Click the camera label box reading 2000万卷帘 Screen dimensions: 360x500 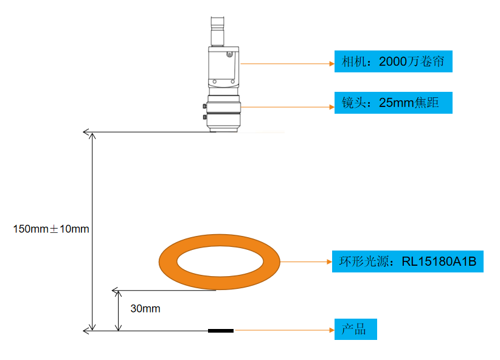(393, 61)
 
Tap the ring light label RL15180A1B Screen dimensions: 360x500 (407, 262)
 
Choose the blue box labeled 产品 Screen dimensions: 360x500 (355, 330)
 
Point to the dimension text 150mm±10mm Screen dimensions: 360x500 (51, 229)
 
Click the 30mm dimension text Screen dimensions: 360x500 (145, 308)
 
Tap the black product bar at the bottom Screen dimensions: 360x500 (220, 331)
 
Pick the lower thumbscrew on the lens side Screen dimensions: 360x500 (203, 116)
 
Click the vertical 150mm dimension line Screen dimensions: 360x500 (93, 231)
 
